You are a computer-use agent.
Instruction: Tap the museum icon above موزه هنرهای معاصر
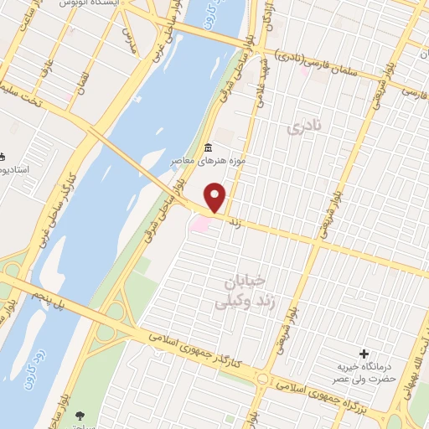[x=208, y=148]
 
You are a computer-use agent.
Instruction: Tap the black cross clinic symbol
[x=364, y=354]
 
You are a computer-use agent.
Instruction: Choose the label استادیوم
[x=14, y=170]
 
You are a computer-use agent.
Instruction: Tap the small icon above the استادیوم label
[x=3, y=157]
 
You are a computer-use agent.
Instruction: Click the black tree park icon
[x=80, y=414]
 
